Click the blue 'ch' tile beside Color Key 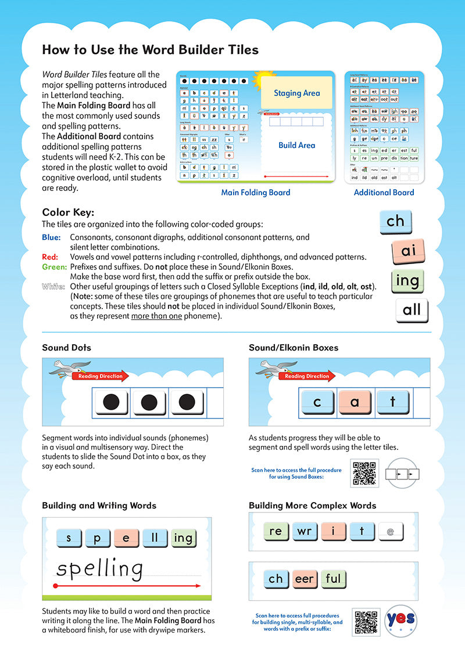(x=395, y=221)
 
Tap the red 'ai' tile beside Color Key (x=409, y=251)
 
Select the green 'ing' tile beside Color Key (x=407, y=281)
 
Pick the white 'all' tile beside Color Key (x=412, y=309)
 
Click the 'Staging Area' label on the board (x=296, y=93)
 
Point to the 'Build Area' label (x=296, y=145)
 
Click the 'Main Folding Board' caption (x=256, y=192)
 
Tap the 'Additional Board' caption (x=384, y=192)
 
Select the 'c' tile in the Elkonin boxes (x=317, y=402)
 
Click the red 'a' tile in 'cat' (x=355, y=402)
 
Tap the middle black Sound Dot (x=149, y=401)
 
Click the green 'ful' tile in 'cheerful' (x=334, y=579)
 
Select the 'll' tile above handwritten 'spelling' (x=155, y=537)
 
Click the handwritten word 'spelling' (x=99, y=569)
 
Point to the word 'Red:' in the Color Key (x=49, y=257)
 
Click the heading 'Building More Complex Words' (x=312, y=506)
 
